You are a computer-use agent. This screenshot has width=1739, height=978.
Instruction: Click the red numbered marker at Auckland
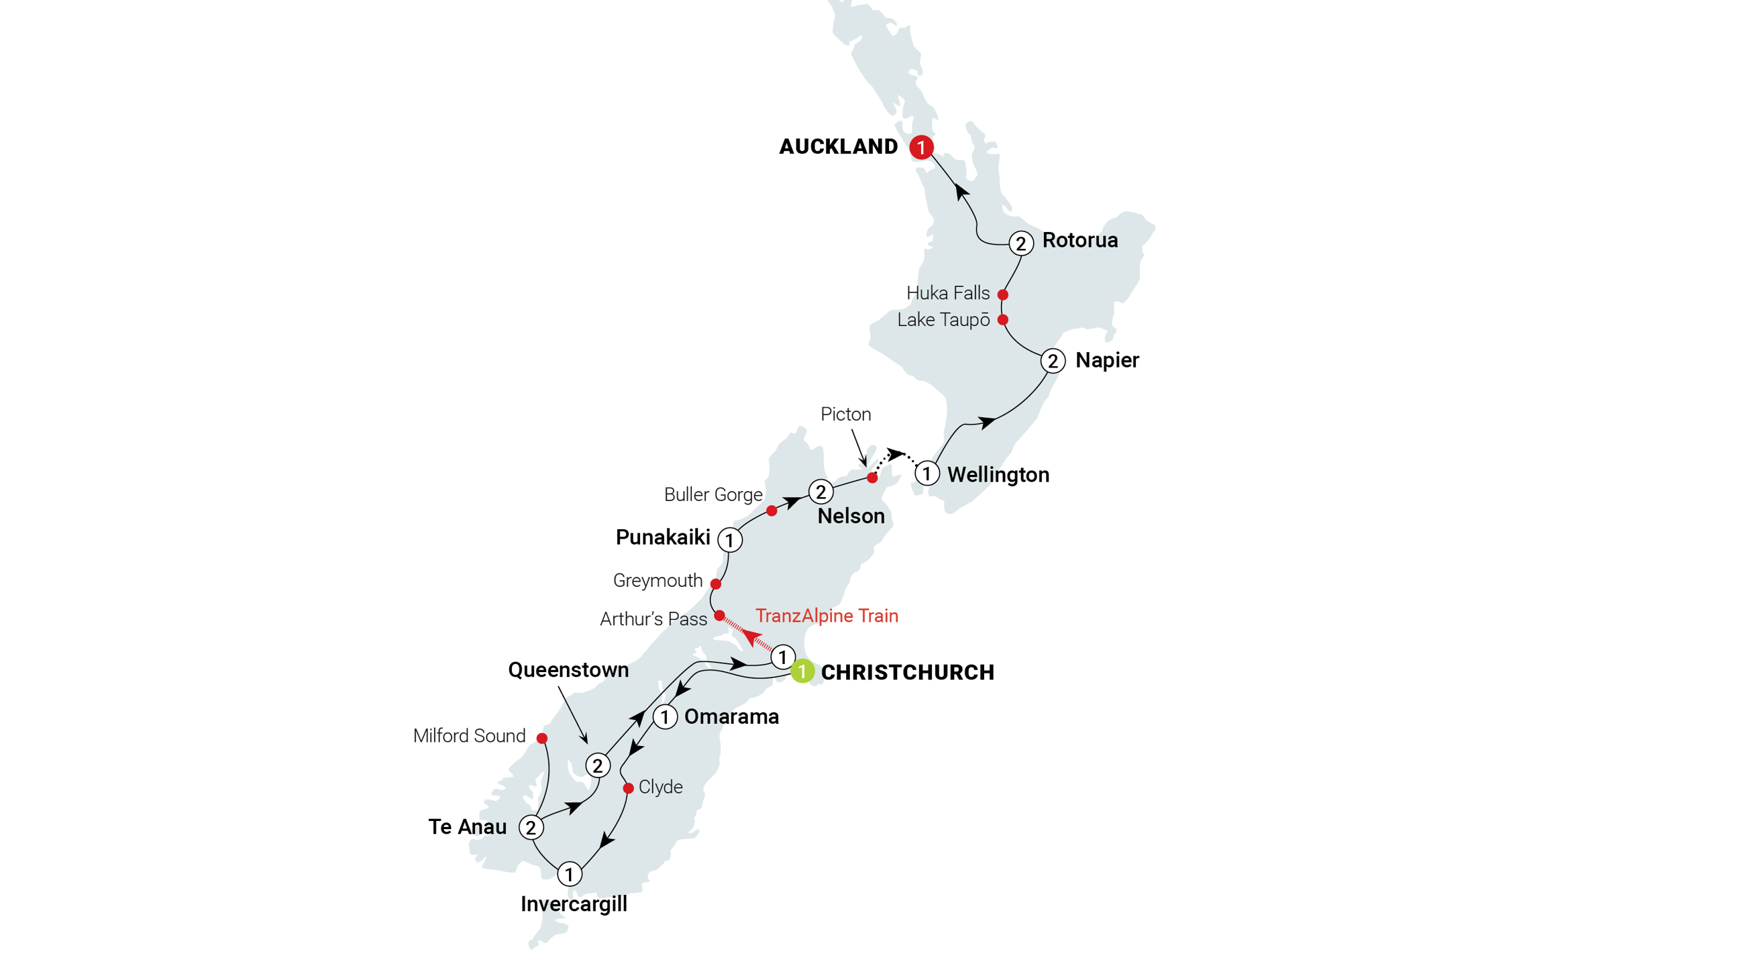[x=921, y=147]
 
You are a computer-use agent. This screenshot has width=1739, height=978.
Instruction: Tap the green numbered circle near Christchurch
[x=802, y=671]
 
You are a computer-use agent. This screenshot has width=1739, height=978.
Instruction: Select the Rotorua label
[x=1079, y=240]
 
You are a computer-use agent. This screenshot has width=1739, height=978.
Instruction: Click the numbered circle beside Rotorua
[x=1020, y=243]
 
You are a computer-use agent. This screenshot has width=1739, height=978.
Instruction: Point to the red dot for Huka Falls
[x=1003, y=294]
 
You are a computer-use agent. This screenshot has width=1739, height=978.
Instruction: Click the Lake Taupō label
[x=943, y=320]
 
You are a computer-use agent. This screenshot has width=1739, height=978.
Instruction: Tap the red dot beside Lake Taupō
[x=1003, y=319]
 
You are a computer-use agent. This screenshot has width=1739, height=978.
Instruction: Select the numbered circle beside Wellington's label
[x=927, y=473]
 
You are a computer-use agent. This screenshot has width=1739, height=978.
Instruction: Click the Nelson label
[x=851, y=517]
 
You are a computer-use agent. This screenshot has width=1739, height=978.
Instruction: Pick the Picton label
[x=846, y=415]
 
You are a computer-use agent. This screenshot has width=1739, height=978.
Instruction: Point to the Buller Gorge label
[x=713, y=495]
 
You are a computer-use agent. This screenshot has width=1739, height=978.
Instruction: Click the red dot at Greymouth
[x=716, y=583]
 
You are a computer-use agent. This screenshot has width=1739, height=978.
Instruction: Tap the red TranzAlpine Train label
[x=827, y=616]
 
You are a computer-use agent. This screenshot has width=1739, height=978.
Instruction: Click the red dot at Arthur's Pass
[x=720, y=616]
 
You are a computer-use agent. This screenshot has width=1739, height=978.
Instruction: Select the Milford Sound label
[x=469, y=735]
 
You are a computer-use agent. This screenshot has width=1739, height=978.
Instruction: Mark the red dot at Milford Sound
[x=541, y=738]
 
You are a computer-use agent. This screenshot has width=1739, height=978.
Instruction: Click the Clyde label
[x=660, y=787]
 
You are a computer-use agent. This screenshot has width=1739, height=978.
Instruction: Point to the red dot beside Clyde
[x=628, y=787]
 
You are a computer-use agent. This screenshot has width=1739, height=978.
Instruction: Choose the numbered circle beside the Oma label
[x=665, y=717]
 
